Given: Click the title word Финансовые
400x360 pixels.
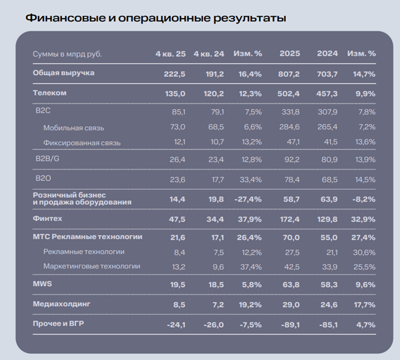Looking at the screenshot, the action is click(x=66, y=18).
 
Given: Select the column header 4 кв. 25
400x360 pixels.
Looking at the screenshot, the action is click(x=171, y=54).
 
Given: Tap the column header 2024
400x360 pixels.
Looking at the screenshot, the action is click(x=327, y=54).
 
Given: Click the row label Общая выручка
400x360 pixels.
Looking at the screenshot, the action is click(x=64, y=73).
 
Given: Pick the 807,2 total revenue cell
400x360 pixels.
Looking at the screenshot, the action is click(x=289, y=74).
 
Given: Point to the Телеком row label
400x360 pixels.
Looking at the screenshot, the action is click(x=49, y=93).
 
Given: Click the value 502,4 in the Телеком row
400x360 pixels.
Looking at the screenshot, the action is click(x=289, y=94).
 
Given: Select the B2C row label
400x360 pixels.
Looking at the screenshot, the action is click(x=43, y=111).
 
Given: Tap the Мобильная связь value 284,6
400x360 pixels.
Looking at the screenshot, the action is click(x=289, y=127).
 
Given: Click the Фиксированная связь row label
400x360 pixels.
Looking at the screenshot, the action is click(x=82, y=143).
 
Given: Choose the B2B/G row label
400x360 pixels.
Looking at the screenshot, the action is click(x=48, y=159).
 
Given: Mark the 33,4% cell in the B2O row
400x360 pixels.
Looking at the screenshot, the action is click(x=250, y=180).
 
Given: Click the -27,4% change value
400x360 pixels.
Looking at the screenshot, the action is click(x=248, y=199).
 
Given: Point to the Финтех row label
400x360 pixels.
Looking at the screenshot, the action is click(x=48, y=218).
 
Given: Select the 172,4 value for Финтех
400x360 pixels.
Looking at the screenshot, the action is click(x=290, y=220).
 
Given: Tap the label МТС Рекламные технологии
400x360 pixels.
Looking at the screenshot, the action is click(x=88, y=237).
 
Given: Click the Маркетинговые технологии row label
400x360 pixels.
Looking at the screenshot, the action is click(x=92, y=267).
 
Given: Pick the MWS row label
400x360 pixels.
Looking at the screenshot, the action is click(x=42, y=284).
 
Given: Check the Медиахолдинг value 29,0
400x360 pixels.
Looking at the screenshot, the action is click(x=291, y=305).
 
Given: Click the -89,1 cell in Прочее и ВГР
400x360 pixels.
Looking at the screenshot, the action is click(x=291, y=325).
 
